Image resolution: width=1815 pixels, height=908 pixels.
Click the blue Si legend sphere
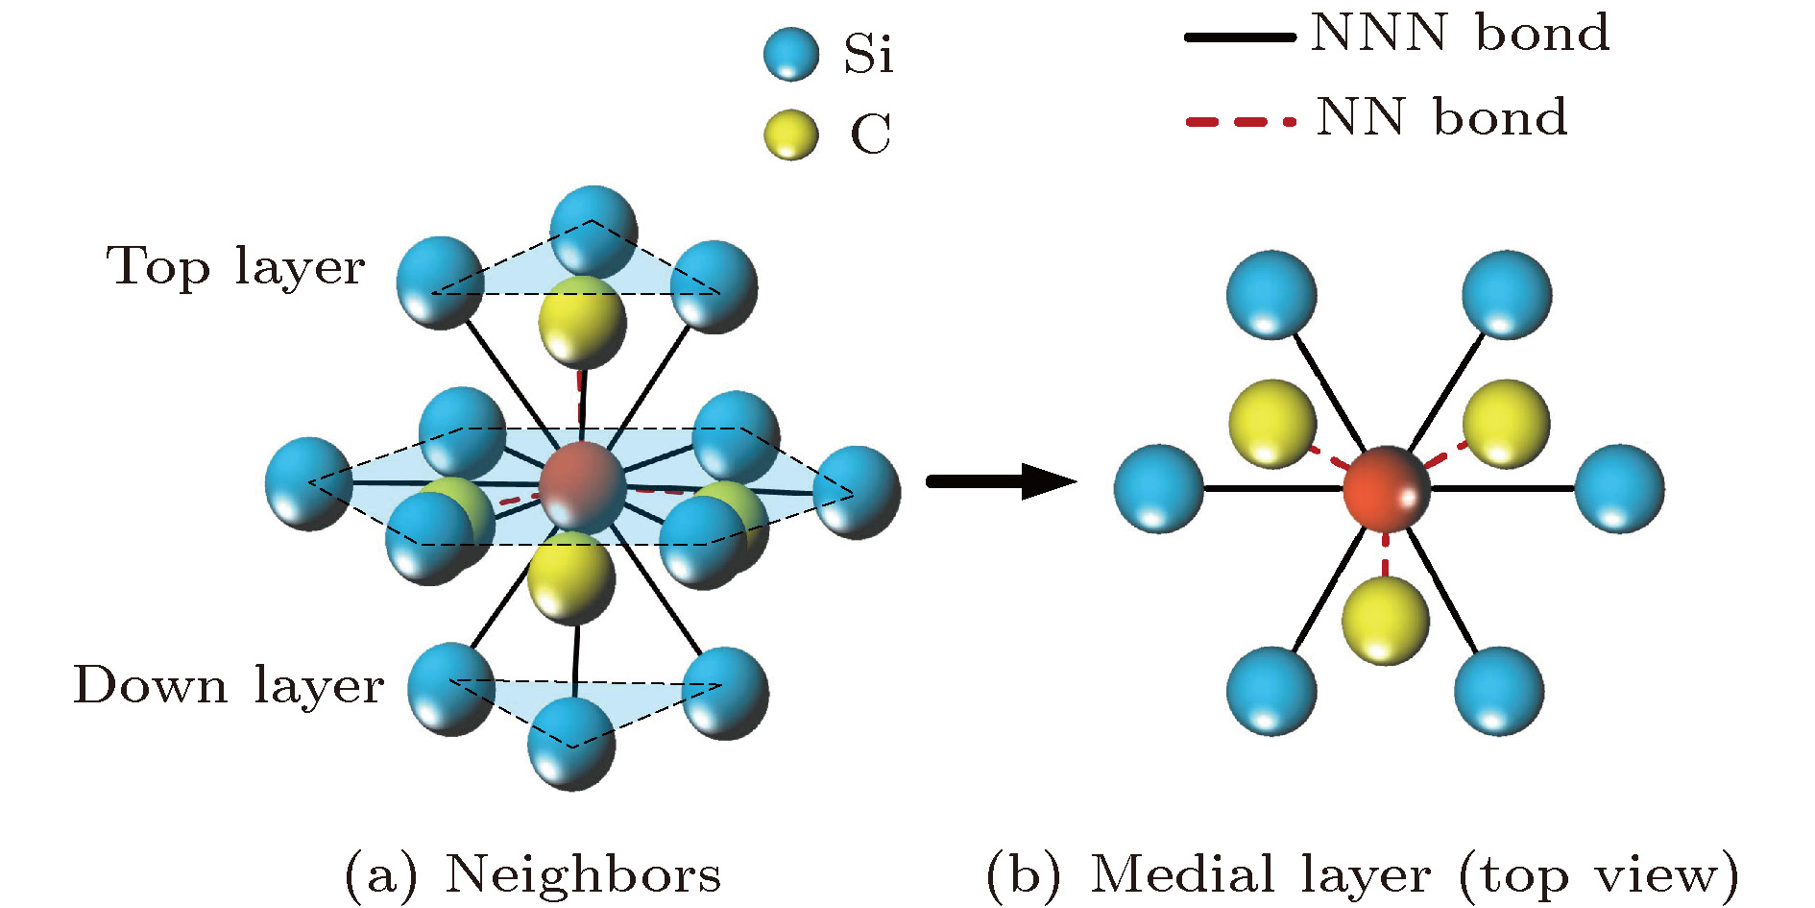coord(791,54)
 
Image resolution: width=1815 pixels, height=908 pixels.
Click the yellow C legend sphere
coord(791,134)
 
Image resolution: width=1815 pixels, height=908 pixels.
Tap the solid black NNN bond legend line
coord(1240,37)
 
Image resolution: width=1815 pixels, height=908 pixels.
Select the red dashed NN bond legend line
coord(1240,122)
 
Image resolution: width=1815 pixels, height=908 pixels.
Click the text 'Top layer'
coord(235,266)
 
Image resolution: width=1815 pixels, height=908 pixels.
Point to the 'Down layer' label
coord(229,685)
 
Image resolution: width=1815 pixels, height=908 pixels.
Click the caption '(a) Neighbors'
coord(532,874)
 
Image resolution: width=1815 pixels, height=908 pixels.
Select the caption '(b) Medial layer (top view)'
coord(1363,874)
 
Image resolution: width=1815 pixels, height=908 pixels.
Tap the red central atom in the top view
coord(1386,488)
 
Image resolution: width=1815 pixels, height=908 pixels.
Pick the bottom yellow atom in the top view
coord(1386,620)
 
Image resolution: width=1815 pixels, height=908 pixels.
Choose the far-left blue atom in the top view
coord(1158,488)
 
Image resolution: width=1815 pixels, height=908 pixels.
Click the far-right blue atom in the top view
coord(1619,488)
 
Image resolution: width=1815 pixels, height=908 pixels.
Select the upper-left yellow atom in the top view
coord(1272,424)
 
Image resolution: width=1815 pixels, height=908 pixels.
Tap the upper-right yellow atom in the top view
coord(1506,424)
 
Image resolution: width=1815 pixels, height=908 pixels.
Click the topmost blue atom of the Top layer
coord(593,232)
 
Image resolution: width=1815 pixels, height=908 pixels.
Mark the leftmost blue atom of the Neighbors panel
coord(308,482)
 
